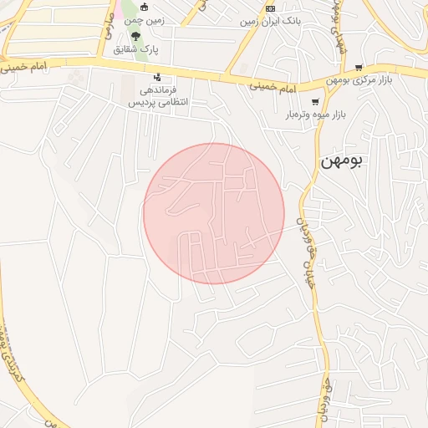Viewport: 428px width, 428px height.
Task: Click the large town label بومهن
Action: click(x=343, y=160)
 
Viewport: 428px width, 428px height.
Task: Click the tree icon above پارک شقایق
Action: click(x=136, y=36)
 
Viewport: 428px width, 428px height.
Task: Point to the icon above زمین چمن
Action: click(x=145, y=8)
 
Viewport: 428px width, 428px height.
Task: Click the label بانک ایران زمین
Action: click(x=269, y=22)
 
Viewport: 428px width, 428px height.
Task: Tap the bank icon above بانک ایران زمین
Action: click(x=270, y=8)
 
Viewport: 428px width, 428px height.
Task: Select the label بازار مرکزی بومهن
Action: click(x=359, y=81)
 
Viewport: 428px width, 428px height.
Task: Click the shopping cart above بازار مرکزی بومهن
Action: click(x=359, y=68)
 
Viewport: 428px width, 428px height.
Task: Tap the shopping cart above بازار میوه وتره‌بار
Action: click(x=315, y=101)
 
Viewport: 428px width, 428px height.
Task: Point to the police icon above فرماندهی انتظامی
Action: click(x=157, y=77)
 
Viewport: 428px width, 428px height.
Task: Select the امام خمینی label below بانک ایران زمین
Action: click(x=274, y=85)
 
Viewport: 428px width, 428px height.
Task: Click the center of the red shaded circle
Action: click(x=213, y=213)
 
